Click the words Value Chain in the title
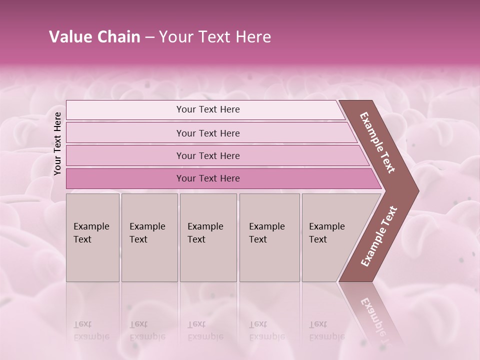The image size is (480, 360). [94, 37]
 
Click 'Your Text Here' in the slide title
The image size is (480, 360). [215, 37]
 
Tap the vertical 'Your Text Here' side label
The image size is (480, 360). [57, 143]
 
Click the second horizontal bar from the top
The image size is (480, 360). [125, 133]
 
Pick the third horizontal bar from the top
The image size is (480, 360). [125, 155]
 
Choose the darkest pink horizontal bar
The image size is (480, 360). [125, 178]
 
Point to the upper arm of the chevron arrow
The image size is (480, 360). [377, 142]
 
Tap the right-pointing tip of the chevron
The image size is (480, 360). [412, 190]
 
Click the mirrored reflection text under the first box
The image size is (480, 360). [91, 330]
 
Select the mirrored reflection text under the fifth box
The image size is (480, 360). [327, 330]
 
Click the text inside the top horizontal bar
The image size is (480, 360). [208, 109]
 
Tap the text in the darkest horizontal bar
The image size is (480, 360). [208, 178]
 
